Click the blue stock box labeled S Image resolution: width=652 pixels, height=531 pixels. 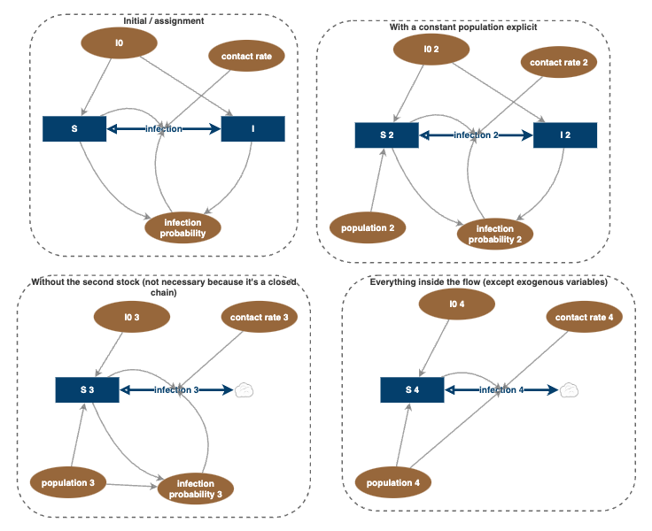(x=74, y=128)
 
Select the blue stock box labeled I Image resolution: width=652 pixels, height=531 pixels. (x=252, y=128)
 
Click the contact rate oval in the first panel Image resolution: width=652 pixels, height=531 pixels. (x=246, y=57)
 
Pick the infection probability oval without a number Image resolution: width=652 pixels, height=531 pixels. (x=183, y=227)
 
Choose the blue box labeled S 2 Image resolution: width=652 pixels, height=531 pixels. (x=386, y=135)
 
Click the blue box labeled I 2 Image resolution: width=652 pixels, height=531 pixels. (x=564, y=135)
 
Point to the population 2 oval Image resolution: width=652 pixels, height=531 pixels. (x=367, y=227)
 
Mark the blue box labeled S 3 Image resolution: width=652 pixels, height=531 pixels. (x=87, y=389)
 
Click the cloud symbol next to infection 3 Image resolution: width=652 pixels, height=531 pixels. (x=244, y=389)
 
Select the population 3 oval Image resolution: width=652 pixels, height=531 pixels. (x=68, y=483)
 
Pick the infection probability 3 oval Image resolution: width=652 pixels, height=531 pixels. (x=196, y=489)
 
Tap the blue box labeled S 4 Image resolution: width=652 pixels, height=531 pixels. (x=412, y=389)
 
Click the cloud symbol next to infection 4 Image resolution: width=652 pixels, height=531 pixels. (x=570, y=389)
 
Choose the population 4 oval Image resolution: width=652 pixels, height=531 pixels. (x=393, y=482)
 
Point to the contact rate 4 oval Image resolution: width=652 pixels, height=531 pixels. (x=584, y=317)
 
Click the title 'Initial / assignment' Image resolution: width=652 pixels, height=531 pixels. (x=163, y=21)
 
